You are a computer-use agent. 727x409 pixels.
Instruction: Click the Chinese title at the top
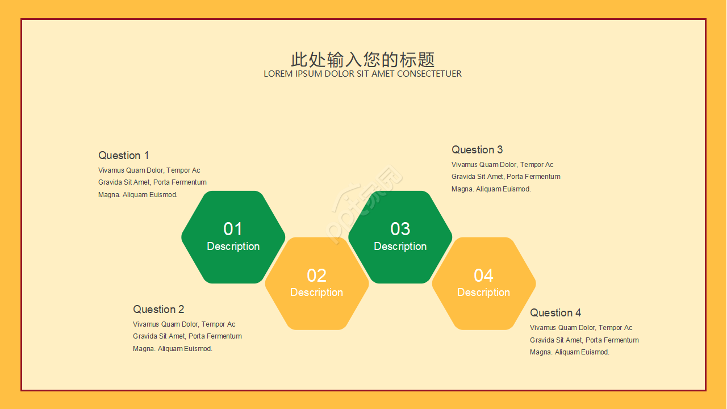click(x=363, y=60)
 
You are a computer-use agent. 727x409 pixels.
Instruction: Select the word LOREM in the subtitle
click(x=278, y=74)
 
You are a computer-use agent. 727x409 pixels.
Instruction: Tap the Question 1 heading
click(x=123, y=156)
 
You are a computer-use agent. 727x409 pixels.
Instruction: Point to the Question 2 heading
click(x=158, y=310)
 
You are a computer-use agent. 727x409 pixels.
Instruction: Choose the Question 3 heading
click(x=477, y=150)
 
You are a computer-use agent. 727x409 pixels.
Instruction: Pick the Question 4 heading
click(x=555, y=313)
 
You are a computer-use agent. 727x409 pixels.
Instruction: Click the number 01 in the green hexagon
click(x=233, y=229)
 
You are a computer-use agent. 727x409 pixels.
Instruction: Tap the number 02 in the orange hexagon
click(x=316, y=276)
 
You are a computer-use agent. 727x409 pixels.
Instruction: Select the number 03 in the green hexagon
click(x=400, y=229)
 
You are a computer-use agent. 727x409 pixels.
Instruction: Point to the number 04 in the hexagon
click(x=483, y=276)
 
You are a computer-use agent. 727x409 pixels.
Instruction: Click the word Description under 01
click(x=233, y=247)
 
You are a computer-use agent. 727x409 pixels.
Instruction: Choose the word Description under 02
click(x=316, y=293)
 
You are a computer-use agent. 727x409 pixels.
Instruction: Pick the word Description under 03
click(x=400, y=247)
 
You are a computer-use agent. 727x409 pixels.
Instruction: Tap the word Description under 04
click(x=483, y=293)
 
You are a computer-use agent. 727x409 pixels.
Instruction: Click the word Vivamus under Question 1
click(x=111, y=170)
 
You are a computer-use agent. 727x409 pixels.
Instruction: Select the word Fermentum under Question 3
click(x=542, y=177)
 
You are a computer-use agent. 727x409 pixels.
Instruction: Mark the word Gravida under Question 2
click(x=146, y=336)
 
